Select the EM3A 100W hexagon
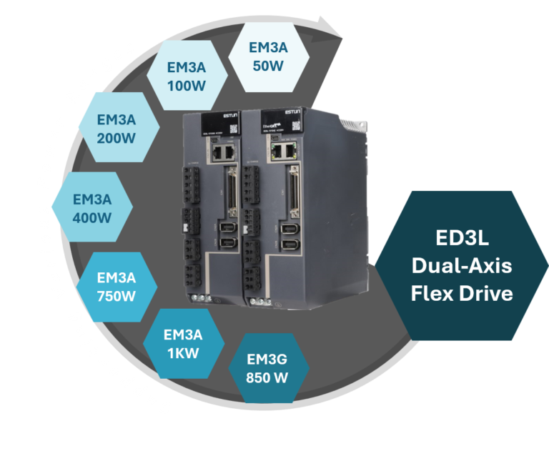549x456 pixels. click(x=187, y=76)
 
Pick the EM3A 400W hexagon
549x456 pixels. click(x=92, y=207)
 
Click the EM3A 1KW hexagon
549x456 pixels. click(x=183, y=343)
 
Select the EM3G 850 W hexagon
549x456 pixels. click(x=267, y=368)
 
